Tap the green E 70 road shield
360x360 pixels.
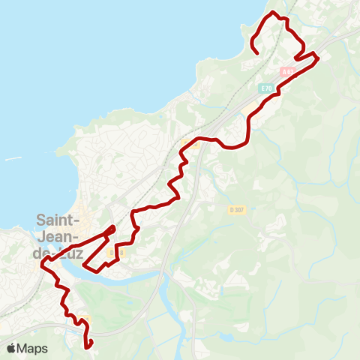(267, 88)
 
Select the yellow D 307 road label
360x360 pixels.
(236, 208)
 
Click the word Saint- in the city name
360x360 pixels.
(57, 220)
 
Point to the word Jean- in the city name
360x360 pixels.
(58, 237)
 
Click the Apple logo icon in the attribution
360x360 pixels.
(12, 348)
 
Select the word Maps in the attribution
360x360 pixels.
(33, 348)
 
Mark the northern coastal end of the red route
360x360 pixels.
(256, 53)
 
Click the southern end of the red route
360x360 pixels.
(89, 347)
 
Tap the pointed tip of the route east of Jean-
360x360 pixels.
(113, 226)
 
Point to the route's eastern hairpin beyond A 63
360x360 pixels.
(318, 56)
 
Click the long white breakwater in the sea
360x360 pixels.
(13, 159)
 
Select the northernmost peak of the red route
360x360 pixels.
(273, 13)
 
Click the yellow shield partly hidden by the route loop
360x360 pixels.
(112, 253)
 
